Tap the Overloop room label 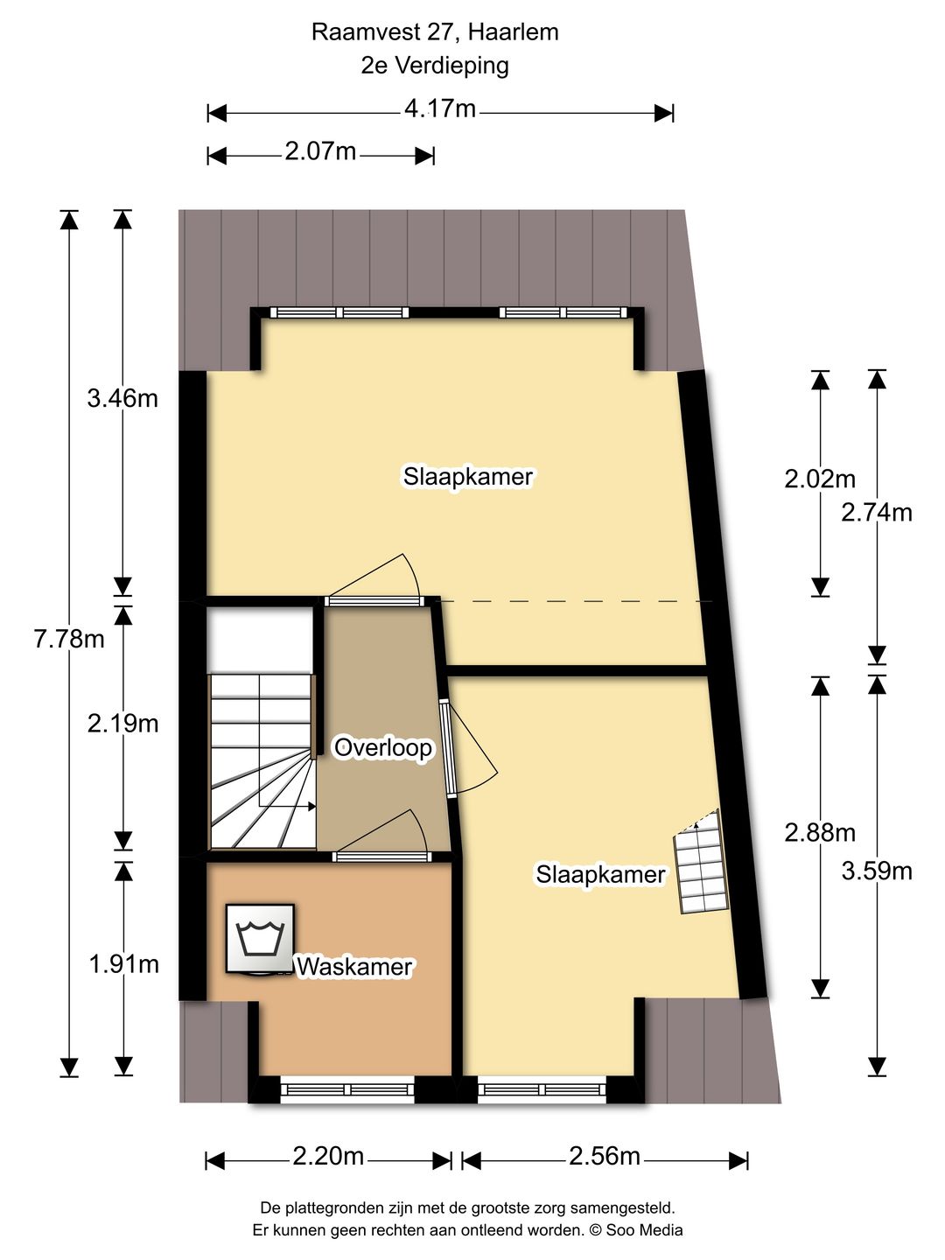click(x=383, y=748)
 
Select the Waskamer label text click(x=354, y=967)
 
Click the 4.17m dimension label click(x=440, y=109)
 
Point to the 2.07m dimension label click(x=320, y=152)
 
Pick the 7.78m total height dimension click(x=69, y=640)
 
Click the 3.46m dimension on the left click(x=122, y=399)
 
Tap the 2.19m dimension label click(x=122, y=724)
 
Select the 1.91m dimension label click(x=123, y=964)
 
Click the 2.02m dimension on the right click(x=820, y=479)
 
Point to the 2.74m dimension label click(x=877, y=513)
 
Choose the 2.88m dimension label click(x=820, y=833)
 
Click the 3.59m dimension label click(x=877, y=871)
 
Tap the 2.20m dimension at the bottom click(x=328, y=1157)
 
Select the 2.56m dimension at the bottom click(x=605, y=1157)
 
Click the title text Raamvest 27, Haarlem click(x=435, y=32)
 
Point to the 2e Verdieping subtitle click(x=435, y=66)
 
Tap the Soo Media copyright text click(x=635, y=1230)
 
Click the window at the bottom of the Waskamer click(x=347, y=1089)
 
